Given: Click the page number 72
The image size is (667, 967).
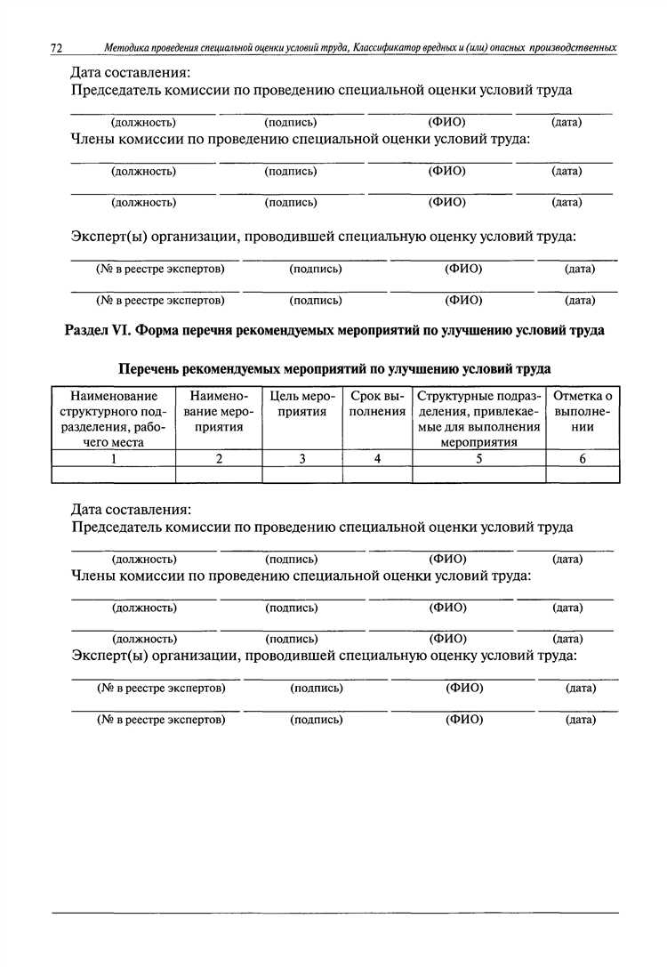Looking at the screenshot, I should [59, 45].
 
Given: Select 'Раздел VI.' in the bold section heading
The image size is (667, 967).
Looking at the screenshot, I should [99, 330].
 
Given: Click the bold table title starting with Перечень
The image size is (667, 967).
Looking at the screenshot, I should [334, 367].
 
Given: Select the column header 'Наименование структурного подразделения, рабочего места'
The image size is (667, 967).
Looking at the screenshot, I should [114, 418].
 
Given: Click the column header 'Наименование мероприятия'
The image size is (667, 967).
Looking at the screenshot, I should [219, 411].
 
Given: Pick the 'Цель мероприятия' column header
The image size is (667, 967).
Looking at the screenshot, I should [302, 404].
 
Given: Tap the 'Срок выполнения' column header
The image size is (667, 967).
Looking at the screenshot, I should [378, 404].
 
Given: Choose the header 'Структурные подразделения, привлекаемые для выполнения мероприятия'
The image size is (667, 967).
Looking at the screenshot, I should [479, 418].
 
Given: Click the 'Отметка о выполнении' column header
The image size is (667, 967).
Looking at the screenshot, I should [583, 411].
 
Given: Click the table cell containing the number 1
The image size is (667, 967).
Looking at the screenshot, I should [114, 459].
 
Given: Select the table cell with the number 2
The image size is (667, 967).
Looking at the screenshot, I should [219, 459].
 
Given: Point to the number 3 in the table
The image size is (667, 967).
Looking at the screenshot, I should [302, 459].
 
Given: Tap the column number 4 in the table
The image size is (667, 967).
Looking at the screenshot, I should [378, 459].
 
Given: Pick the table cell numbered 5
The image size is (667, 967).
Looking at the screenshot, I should [479, 459].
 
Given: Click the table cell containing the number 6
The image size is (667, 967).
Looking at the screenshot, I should [583, 459].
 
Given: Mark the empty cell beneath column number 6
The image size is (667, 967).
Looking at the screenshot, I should [583, 475].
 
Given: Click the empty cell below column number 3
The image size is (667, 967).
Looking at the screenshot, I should [302, 475].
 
